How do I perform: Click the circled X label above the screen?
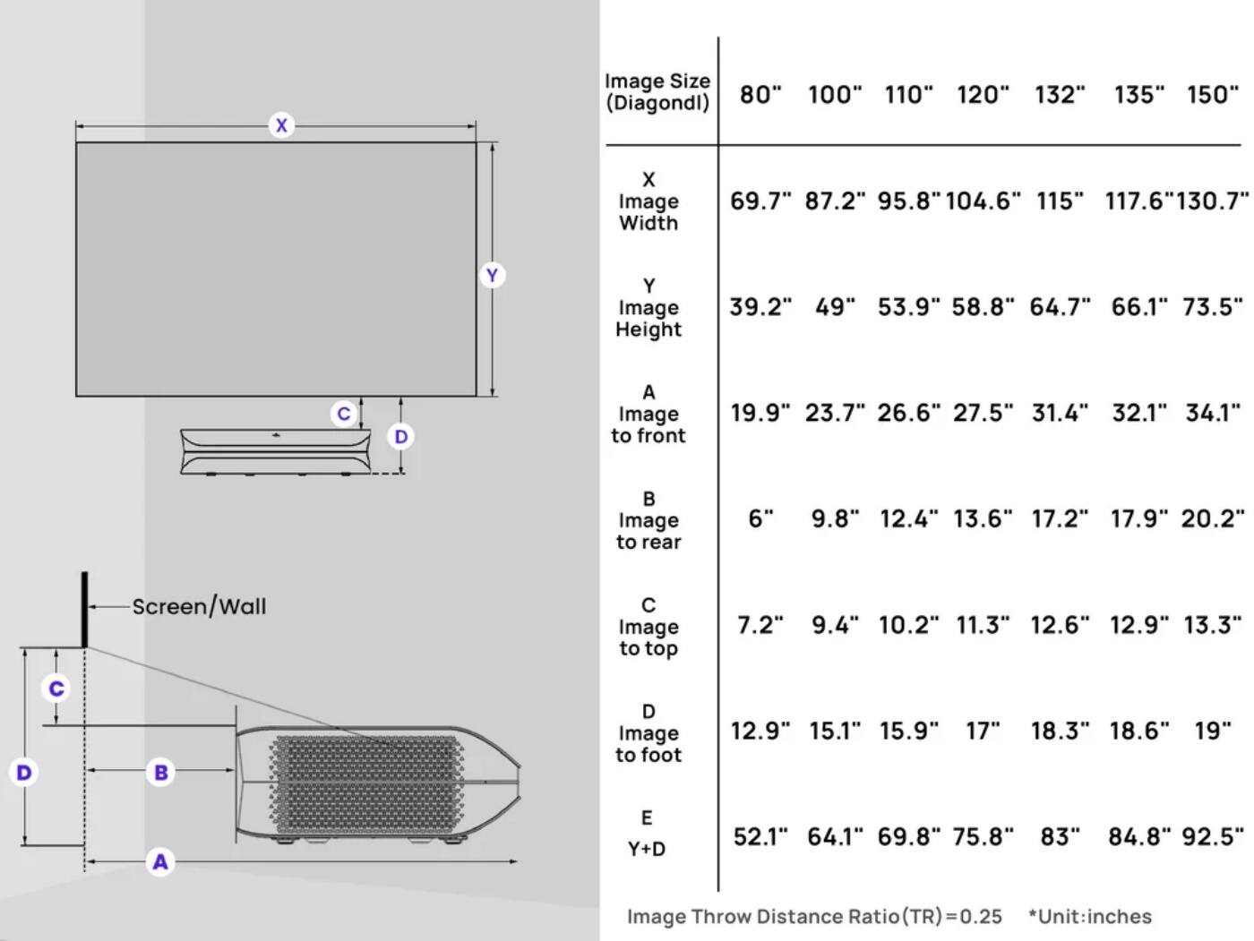(x=281, y=125)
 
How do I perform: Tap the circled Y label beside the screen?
(x=491, y=275)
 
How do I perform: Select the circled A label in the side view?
(x=160, y=861)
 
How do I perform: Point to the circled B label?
(x=161, y=772)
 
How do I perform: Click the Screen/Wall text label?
(x=199, y=606)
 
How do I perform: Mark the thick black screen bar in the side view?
(x=85, y=609)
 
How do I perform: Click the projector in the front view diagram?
(x=276, y=451)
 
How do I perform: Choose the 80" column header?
(x=760, y=94)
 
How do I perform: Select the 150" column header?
(x=1213, y=94)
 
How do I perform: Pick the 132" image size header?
(x=1060, y=94)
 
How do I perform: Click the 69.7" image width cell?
(x=760, y=201)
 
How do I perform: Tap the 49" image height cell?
(x=835, y=307)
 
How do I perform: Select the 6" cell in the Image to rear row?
(x=760, y=519)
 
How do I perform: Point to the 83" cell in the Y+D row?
(x=1060, y=837)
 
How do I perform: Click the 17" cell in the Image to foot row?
(x=983, y=731)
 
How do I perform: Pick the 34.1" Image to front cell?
(x=1213, y=413)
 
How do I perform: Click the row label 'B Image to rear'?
(x=648, y=520)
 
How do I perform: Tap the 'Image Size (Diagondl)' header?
(x=657, y=92)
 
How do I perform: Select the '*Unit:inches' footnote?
(x=1090, y=916)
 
